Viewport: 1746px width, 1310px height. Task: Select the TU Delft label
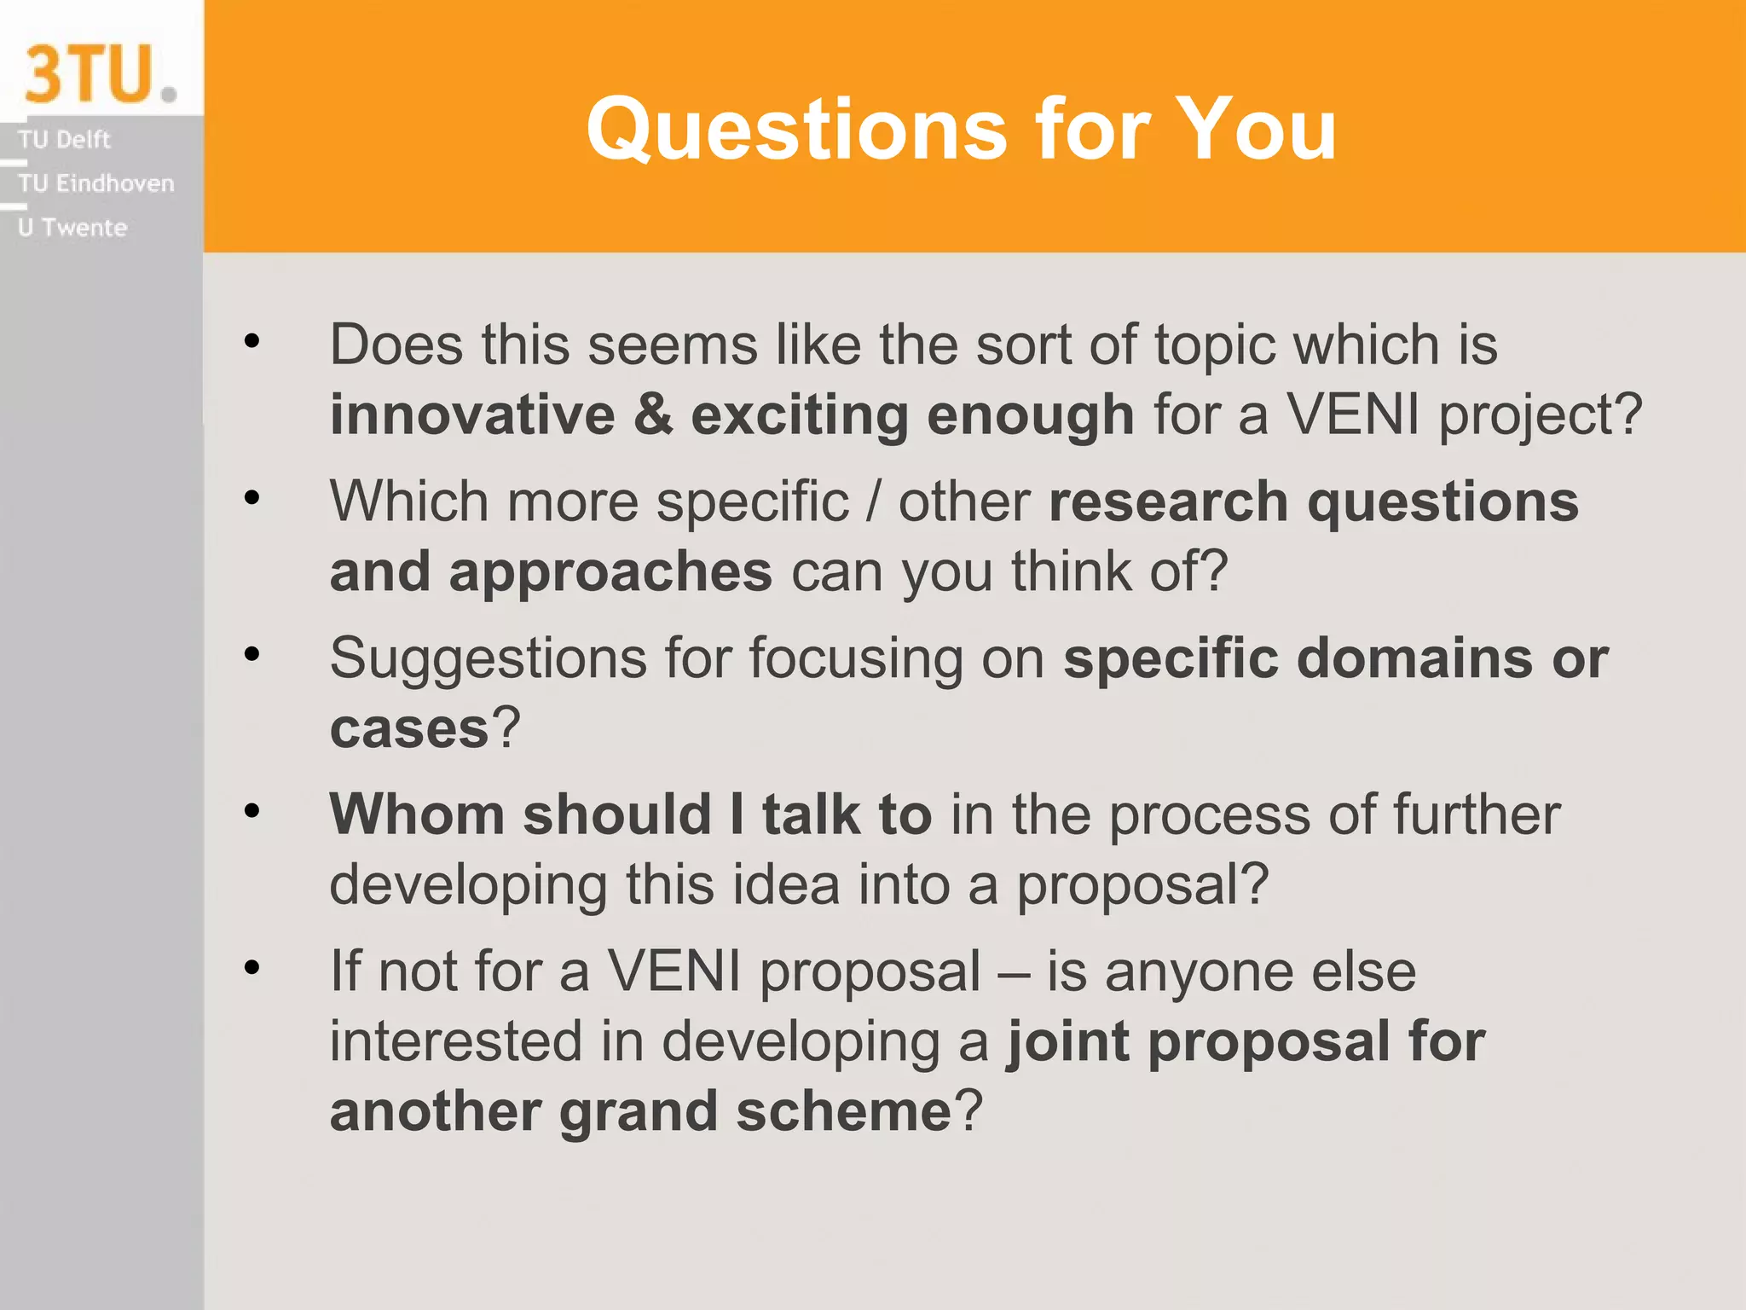pos(64,139)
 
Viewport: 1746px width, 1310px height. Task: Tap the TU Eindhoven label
pos(95,183)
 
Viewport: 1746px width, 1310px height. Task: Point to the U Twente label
pos(72,228)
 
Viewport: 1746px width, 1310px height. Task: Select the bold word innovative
pos(472,415)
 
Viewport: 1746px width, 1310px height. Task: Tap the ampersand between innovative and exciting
pos(652,415)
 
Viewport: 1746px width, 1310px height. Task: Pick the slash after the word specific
pos(873,501)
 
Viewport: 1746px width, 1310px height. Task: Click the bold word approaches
pos(610,573)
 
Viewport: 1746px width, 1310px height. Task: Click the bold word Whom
pos(416,814)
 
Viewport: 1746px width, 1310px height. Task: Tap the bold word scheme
pos(842,1112)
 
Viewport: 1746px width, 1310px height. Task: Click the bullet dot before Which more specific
pos(251,497)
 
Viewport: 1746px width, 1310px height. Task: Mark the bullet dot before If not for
pos(251,968)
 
